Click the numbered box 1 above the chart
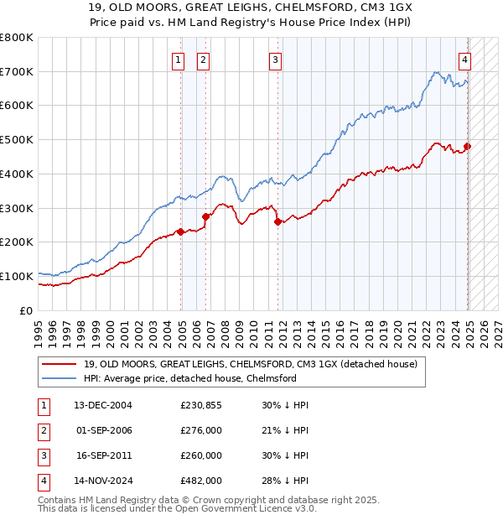[179, 60]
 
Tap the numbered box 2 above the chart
[204, 60]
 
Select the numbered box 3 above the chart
[275, 60]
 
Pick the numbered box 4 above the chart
[464, 60]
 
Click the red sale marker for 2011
[278, 221]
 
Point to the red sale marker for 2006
[206, 216]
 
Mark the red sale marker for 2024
[468, 146]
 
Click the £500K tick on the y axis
[17, 140]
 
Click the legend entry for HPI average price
[190, 378]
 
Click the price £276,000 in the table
[201, 430]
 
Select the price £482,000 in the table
[201, 481]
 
